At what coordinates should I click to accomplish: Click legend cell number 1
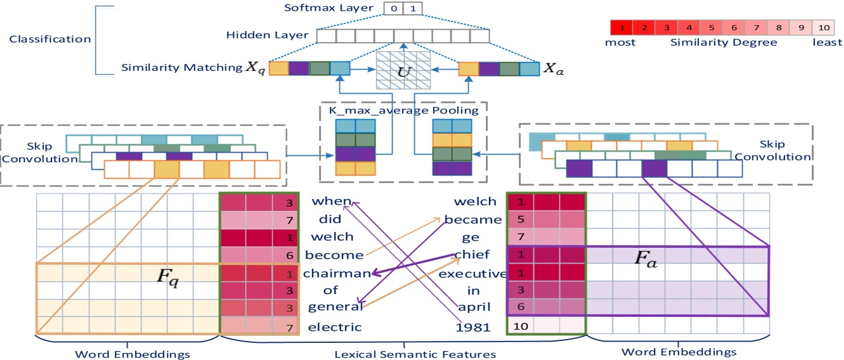(621, 29)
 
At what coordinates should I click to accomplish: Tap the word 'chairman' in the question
(336, 274)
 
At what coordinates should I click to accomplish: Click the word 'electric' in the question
(334, 327)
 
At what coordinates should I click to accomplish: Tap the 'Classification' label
(50, 39)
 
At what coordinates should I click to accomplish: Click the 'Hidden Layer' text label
(267, 35)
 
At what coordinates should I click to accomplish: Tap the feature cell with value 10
(519, 327)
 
